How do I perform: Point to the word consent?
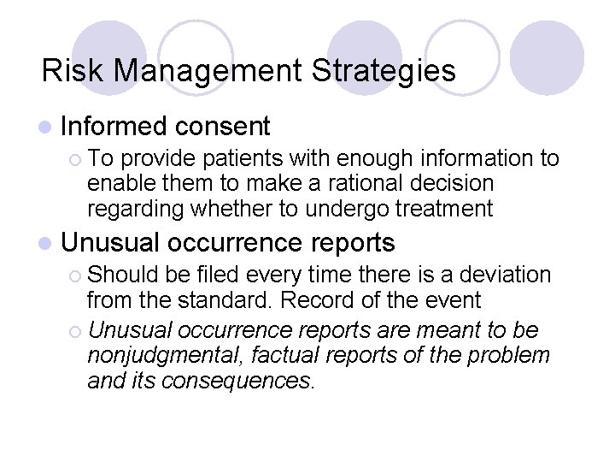(225, 127)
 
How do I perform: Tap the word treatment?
(453, 208)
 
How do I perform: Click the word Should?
(119, 275)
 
